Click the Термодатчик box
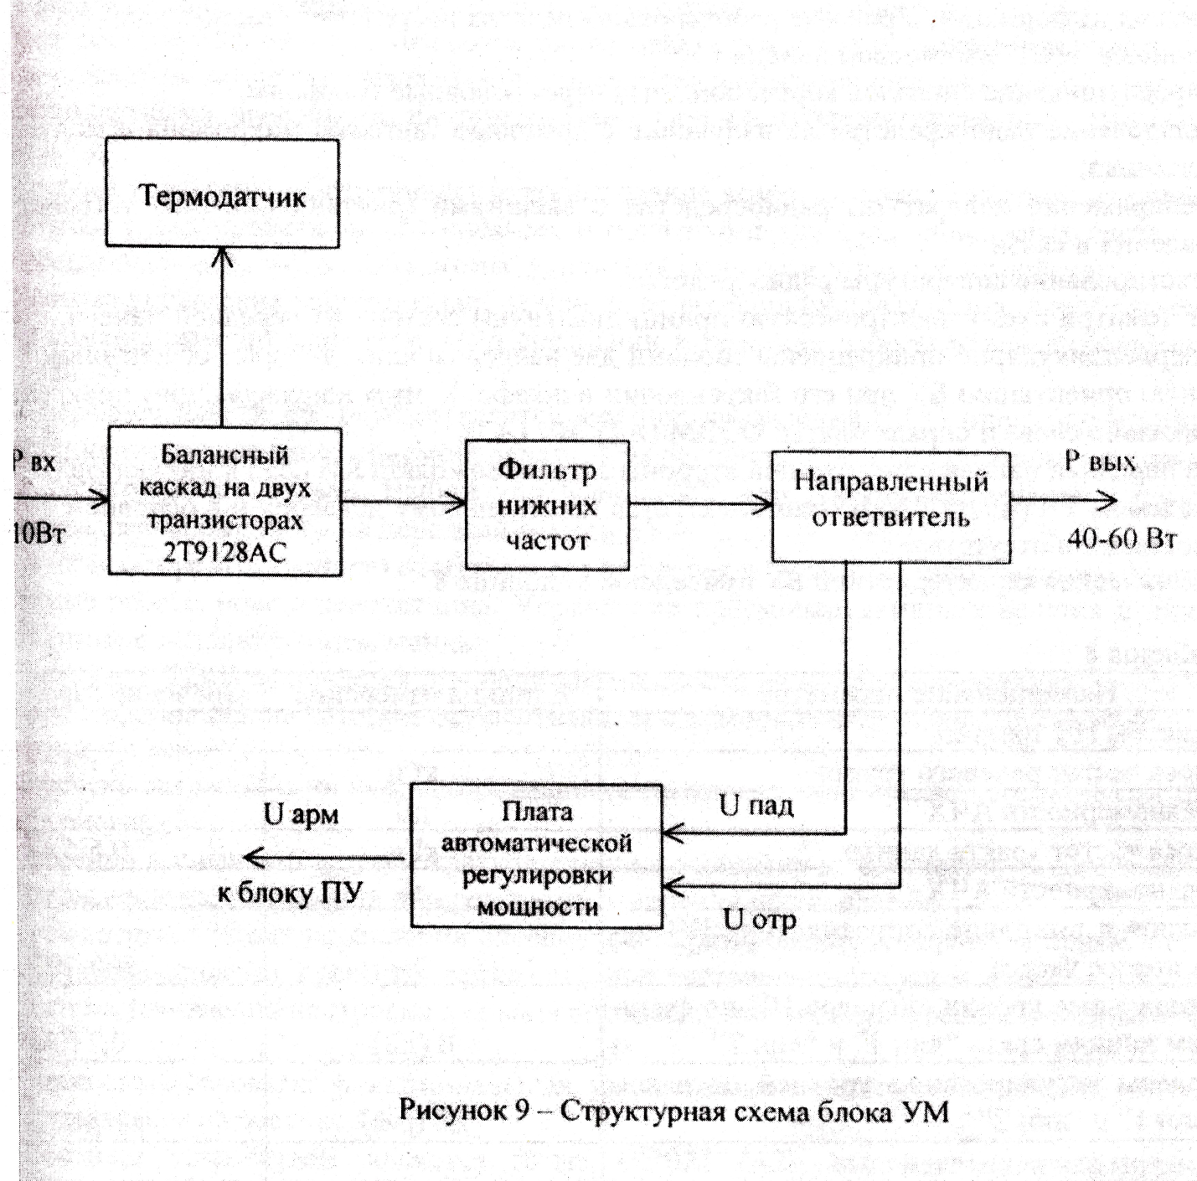pyautogui.click(x=222, y=194)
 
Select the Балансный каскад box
pyautogui.click(x=224, y=501)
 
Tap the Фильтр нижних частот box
pyautogui.click(x=547, y=504)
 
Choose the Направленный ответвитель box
pyautogui.click(x=890, y=505)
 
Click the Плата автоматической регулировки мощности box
pyautogui.click(x=536, y=856)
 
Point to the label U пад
pyautogui.click(x=756, y=806)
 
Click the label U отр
pyautogui.click(x=759, y=920)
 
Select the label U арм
pyautogui.click(x=302, y=814)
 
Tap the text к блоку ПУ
pyautogui.click(x=290, y=893)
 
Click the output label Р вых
pyautogui.click(x=1100, y=462)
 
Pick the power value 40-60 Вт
pyautogui.click(x=1121, y=539)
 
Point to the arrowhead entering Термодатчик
pyautogui.click(x=223, y=258)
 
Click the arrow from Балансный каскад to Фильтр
pyautogui.click(x=403, y=503)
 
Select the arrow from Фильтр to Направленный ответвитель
pyautogui.click(x=700, y=504)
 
